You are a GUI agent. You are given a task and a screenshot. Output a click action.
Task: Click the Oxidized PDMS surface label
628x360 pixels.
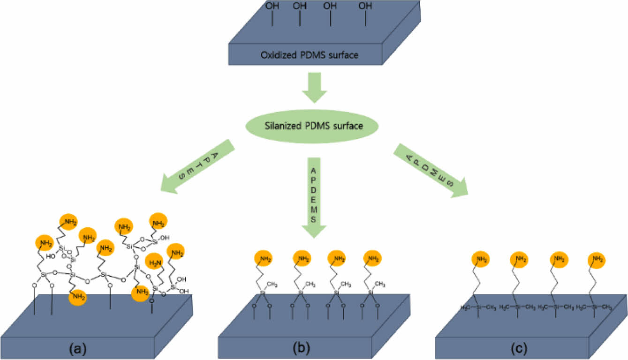coord(310,55)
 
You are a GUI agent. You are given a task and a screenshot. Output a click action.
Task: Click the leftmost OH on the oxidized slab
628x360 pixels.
coord(272,7)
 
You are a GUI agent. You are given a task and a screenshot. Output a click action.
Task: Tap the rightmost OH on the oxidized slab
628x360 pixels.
coord(365,7)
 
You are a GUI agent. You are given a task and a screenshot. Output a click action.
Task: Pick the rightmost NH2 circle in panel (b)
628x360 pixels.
coord(372,258)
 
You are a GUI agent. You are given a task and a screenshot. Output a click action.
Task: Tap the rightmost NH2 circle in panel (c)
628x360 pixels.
coord(596,259)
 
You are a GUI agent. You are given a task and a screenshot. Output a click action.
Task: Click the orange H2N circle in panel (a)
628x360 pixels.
coord(155,261)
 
